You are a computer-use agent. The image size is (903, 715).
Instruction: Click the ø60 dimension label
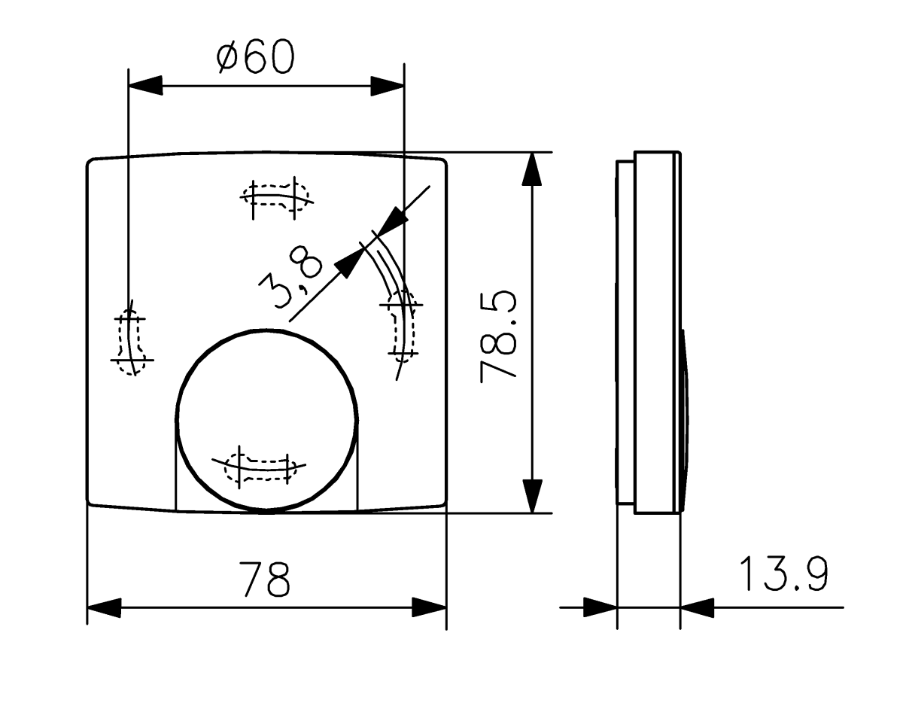pos(254,58)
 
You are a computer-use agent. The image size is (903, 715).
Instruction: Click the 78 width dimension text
pos(265,578)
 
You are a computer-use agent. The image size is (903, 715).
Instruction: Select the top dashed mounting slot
pos(276,197)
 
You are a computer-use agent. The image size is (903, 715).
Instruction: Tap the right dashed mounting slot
pos(400,324)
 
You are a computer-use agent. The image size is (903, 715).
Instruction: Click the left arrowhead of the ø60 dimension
pos(146,85)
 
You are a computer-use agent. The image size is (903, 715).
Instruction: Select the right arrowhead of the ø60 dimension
pos(388,85)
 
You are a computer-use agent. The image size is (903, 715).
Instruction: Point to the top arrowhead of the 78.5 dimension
pos(532,169)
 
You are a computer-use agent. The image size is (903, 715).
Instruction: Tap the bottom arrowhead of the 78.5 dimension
pos(532,496)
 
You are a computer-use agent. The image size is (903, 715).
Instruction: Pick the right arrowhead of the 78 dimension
pos(430,607)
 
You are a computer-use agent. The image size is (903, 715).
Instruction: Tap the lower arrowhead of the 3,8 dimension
pos(348,264)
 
